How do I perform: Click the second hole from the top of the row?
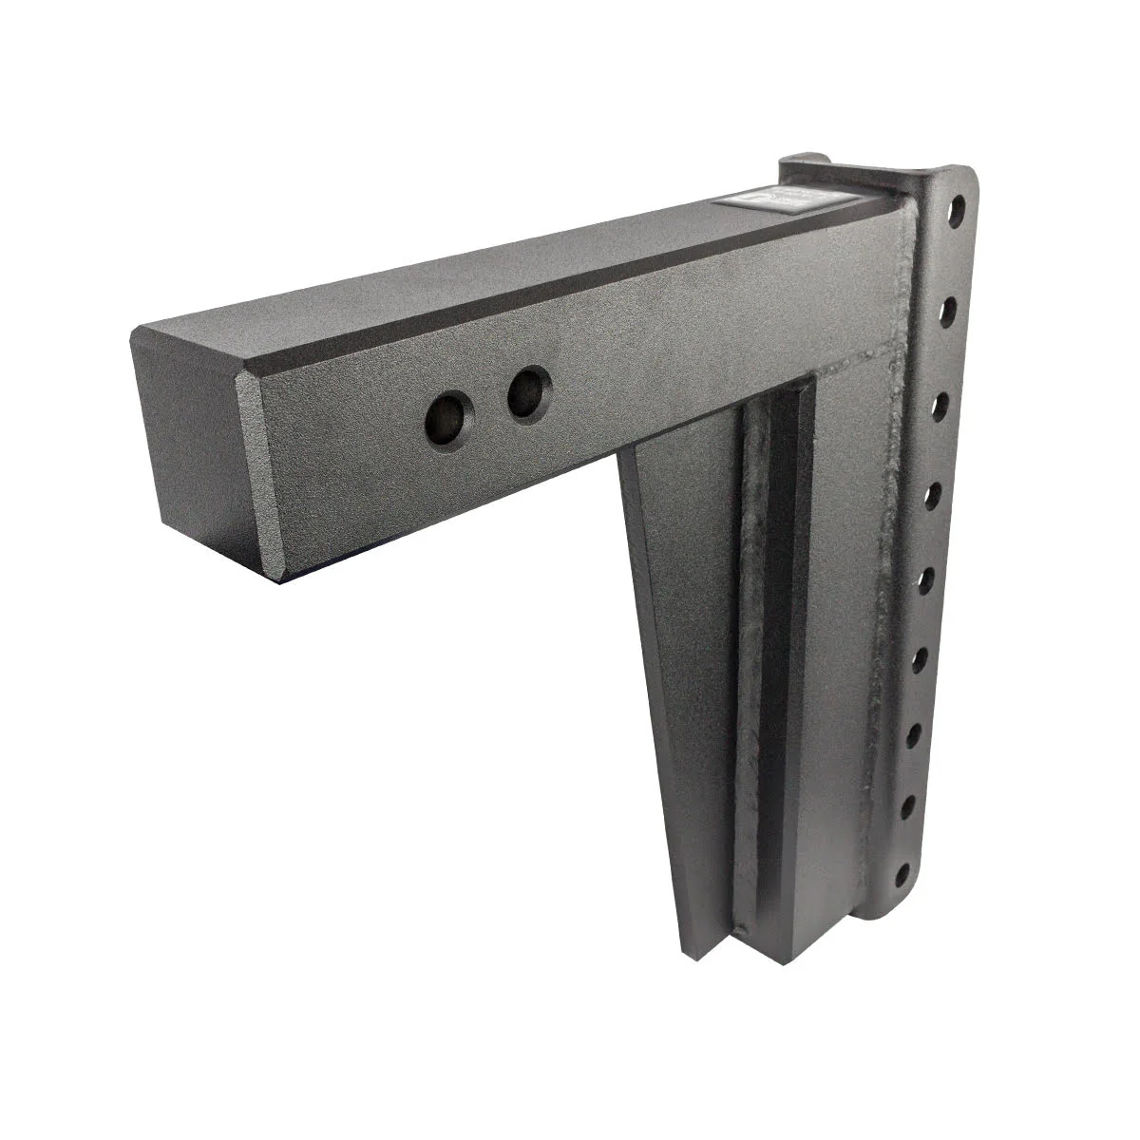[x=949, y=307]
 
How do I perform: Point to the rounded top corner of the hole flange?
[x=955, y=180]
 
